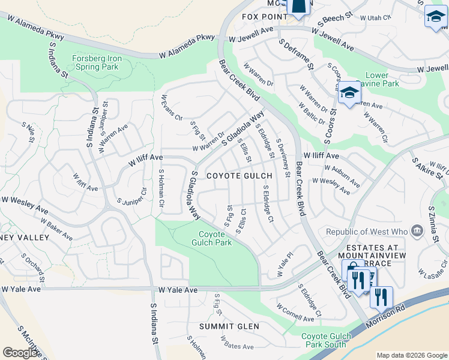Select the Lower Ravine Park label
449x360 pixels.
(376, 80)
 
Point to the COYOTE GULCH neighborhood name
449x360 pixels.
(240, 176)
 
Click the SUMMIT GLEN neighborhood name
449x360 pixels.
(231, 326)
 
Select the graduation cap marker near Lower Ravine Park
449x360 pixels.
(349, 94)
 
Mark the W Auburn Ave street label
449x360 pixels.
(342, 176)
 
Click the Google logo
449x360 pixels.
(20, 352)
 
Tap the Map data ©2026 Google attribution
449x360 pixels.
(411, 355)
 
